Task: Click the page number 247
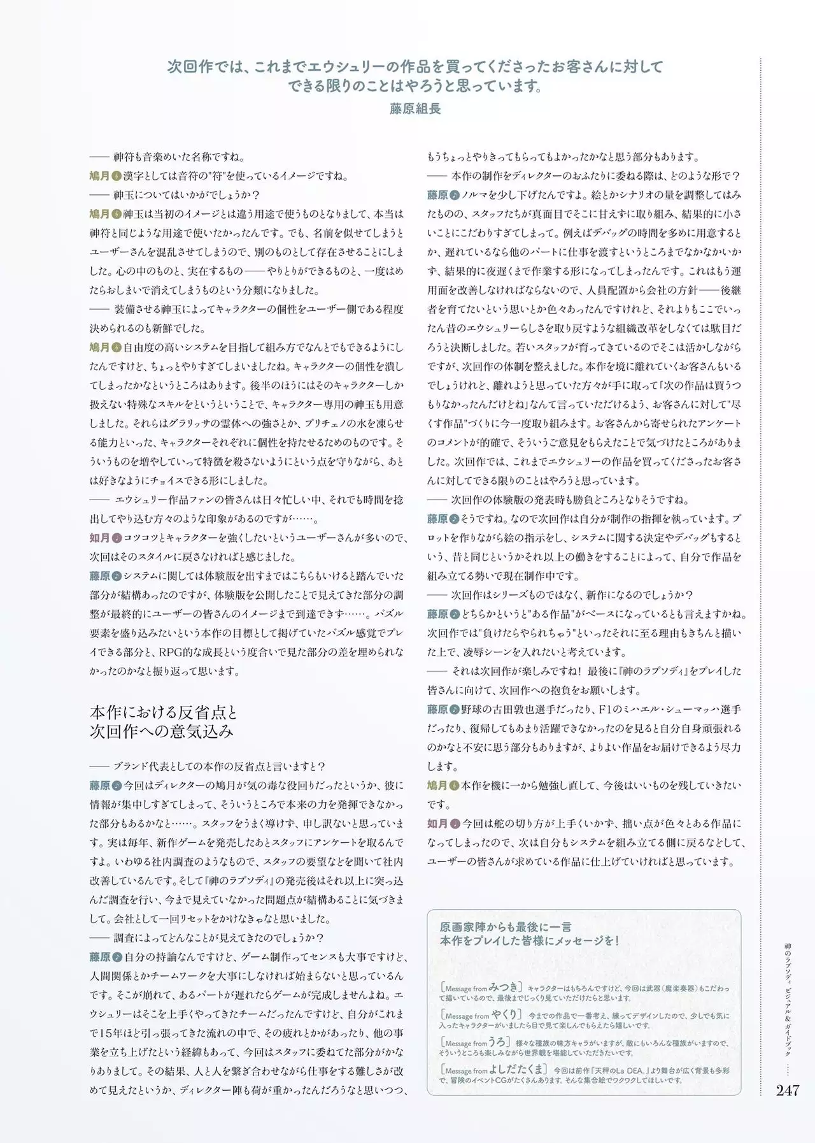click(787, 1090)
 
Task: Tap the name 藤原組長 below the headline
click(415, 108)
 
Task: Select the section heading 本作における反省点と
click(164, 712)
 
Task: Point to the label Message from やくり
click(481, 1015)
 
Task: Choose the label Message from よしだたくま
click(493, 1070)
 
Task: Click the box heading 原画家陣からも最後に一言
click(506, 926)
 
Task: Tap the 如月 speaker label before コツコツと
click(99, 538)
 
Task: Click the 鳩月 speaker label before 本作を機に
click(437, 786)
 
